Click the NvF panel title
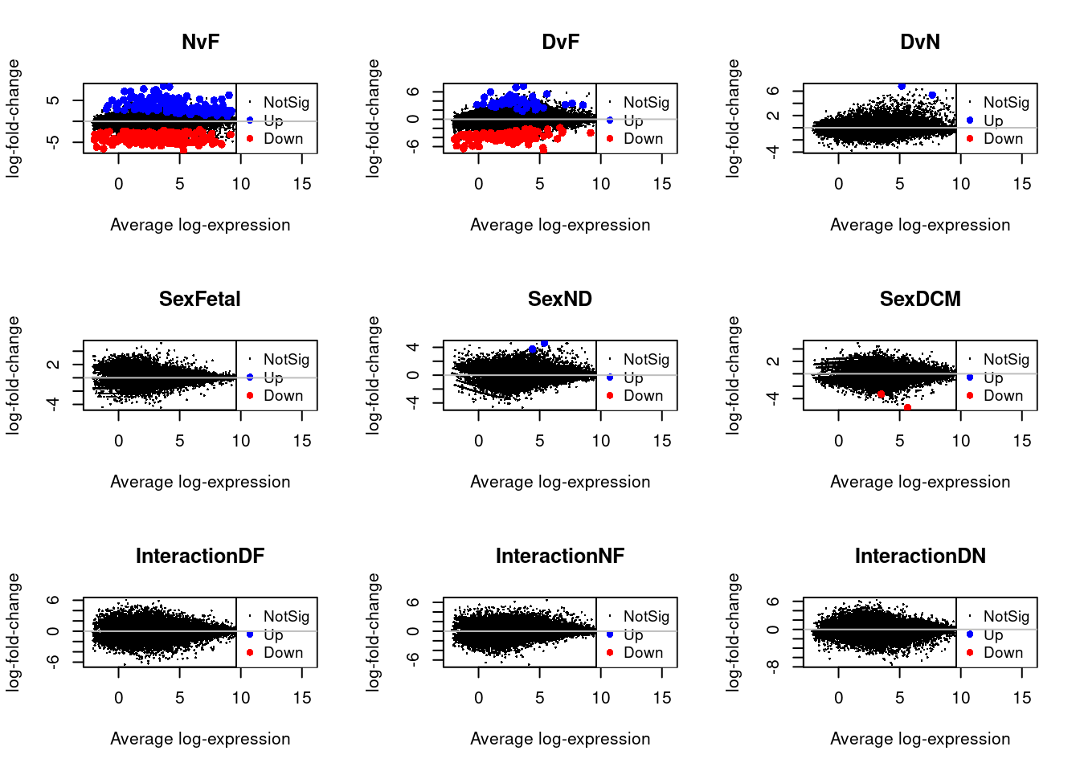point(200,42)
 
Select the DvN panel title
point(920,42)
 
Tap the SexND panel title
point(560,299)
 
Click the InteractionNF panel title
point(560,556)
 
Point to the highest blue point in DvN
point(902,86)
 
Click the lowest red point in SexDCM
point(907,408)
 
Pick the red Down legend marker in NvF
point(250,139)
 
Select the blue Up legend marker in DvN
point(970,120)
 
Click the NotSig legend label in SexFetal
point(286,359)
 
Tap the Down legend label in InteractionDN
point(1003,653)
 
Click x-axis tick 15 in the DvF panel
point(662,184)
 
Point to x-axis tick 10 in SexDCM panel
point(961,441)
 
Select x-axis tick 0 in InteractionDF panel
point(119,698)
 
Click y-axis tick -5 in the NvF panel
point(53,142)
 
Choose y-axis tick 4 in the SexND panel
point(413,347)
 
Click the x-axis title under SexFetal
point(200,482)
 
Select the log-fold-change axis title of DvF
point(373,118)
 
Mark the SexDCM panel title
point(920,299)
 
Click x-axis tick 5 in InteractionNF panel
point(540,698)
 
